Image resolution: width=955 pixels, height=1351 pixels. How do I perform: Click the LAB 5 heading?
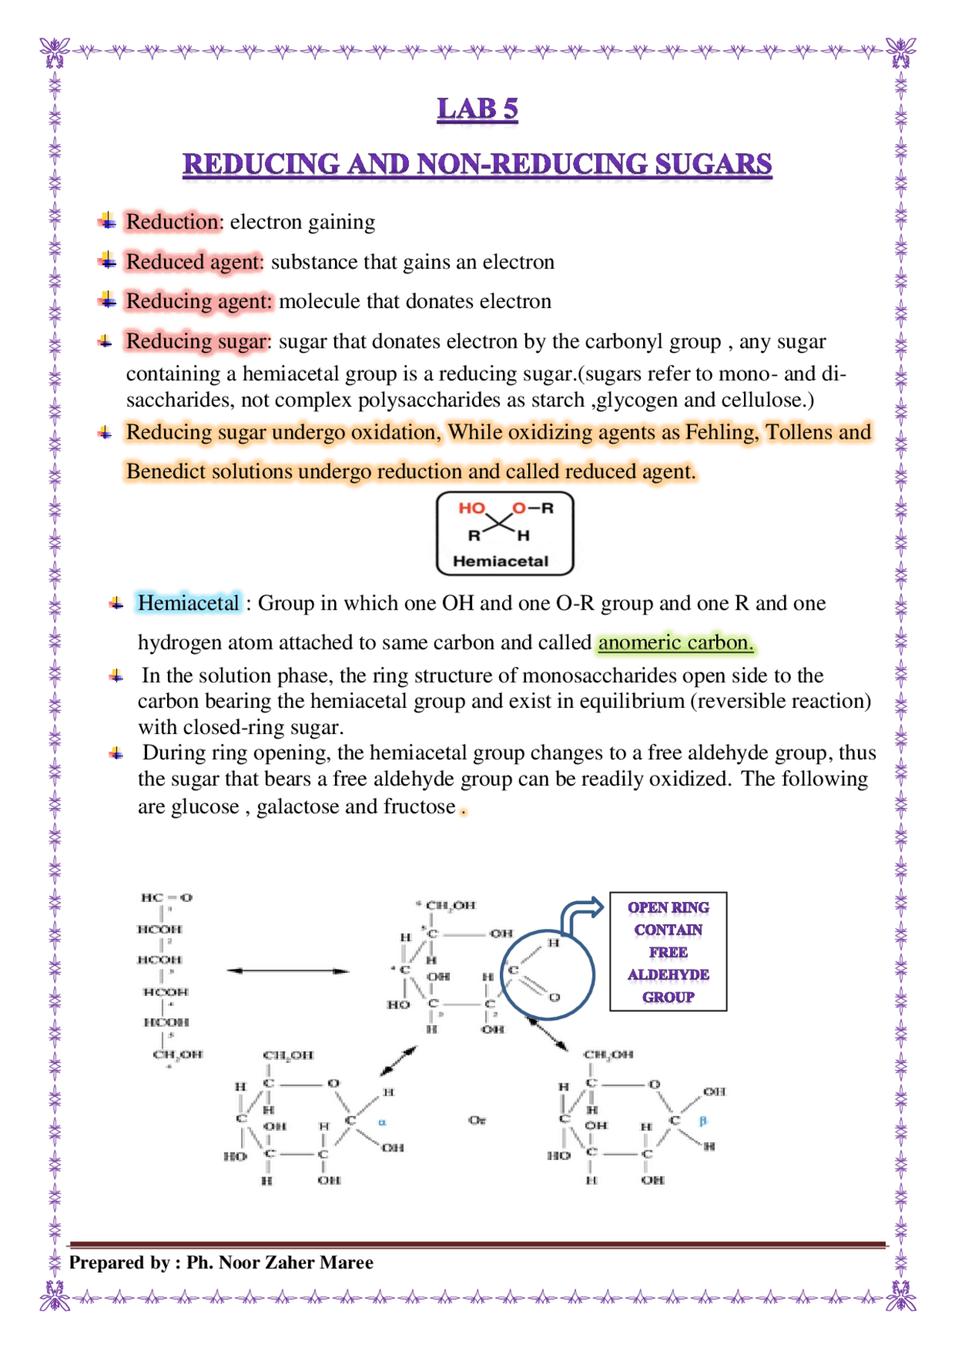click(477, 109)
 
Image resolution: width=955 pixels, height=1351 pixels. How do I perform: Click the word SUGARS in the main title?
click(713, 164)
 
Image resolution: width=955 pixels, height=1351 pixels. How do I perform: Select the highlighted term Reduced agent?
click(194, 262)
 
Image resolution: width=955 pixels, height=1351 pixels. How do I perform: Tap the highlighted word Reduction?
click(172, 222)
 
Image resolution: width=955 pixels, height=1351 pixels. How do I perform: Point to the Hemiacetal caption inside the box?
click(500, 561)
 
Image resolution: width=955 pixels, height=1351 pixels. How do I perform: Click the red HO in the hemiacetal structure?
click(471, 508)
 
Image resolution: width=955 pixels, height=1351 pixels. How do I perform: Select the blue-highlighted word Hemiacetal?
click(188, 603)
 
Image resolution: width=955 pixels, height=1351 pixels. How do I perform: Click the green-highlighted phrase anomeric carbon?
click(675, 642)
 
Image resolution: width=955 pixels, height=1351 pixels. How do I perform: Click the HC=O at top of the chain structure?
click(166, 897)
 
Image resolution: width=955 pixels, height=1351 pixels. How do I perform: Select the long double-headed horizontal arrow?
click(288, 971)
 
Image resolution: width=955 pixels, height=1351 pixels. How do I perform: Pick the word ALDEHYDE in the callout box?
click(668, 974)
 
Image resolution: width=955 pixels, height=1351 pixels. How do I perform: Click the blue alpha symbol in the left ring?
click(381, 1121)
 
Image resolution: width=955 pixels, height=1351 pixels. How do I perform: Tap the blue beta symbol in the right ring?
click(702, 1120)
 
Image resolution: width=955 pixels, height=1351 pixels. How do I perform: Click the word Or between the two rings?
click(477, 1120)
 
